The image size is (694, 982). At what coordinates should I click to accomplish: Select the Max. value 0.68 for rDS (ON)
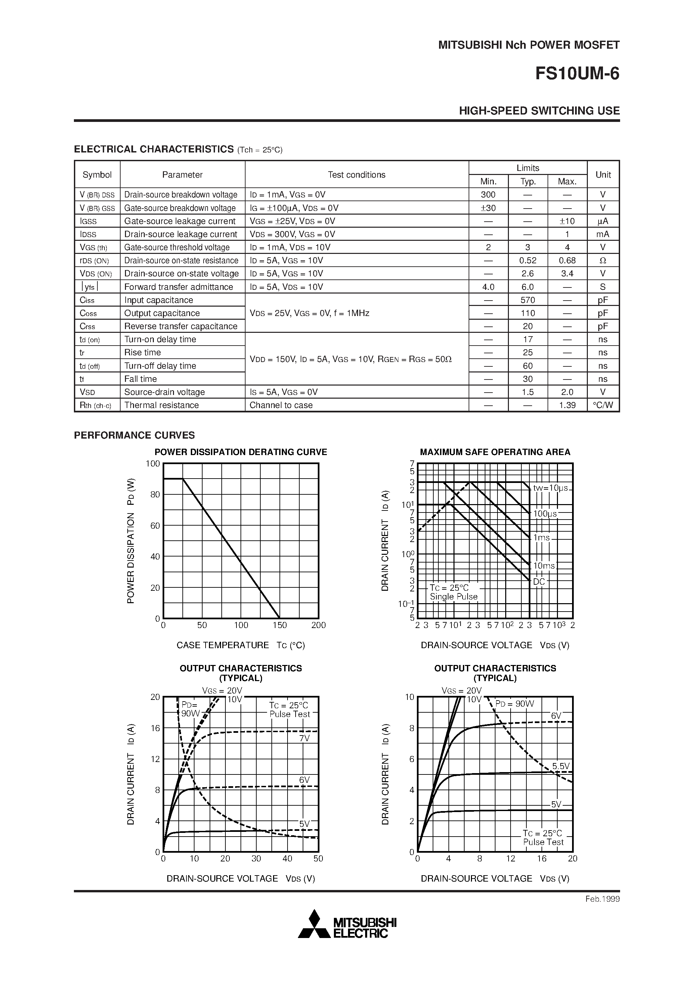[x=567, y=261]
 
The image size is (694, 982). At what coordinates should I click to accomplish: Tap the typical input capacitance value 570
[x=528, y=300]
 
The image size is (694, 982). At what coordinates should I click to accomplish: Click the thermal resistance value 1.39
[x=567, y=405]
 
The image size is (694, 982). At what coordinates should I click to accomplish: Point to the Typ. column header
[x=528, y=181]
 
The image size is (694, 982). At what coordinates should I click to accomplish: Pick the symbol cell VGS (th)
[x=94, y=248]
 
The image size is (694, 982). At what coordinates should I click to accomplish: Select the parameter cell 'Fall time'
[x=140, y=379]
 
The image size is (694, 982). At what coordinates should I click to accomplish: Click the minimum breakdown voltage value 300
[x=488, y=194]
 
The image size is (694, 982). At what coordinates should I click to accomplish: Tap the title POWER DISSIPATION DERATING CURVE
[x=241, y=452]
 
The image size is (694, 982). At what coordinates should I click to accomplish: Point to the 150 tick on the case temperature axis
[x=280, y=625]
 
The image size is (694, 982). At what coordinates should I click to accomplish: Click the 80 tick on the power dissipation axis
[x=155, y=494]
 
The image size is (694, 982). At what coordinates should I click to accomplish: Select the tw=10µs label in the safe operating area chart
[x=550, y=488]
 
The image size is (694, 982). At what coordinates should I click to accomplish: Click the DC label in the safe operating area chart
[x=539, y=582]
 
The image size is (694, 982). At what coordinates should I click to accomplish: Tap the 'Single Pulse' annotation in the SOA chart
[x=453, y=597]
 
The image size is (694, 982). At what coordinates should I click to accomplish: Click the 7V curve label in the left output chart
[x=304, y=738]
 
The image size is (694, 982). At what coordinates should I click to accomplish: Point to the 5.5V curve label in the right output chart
[x=561, y=766]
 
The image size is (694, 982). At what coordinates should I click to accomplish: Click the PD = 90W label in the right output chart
[x=515, y=704]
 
